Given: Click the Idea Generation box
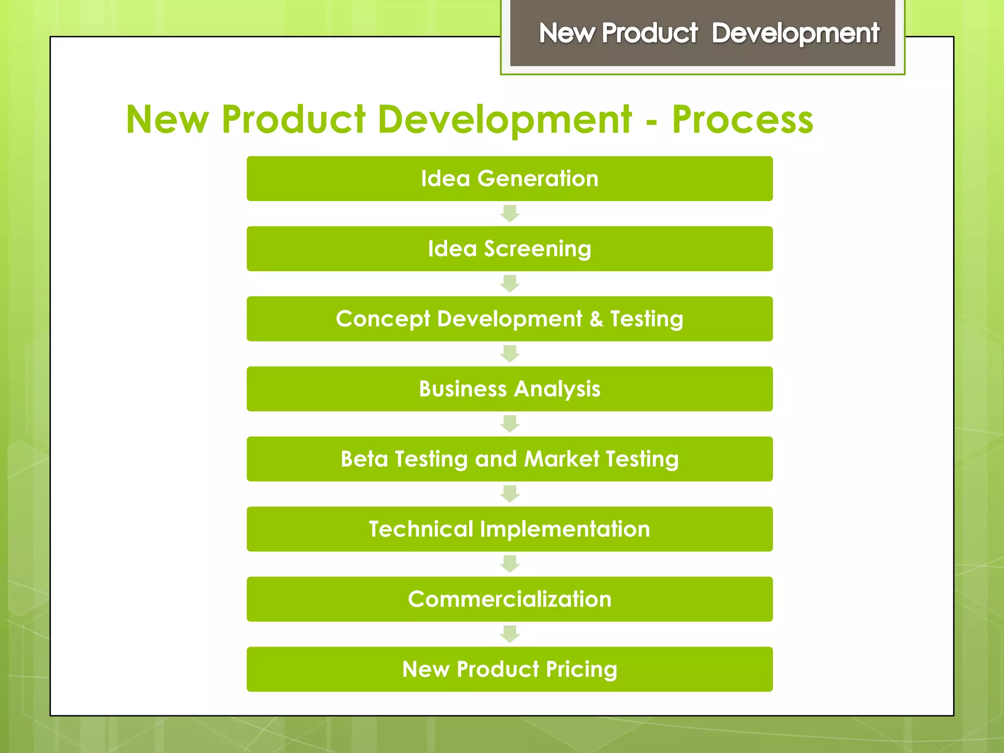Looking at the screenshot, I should (x=509, y=178).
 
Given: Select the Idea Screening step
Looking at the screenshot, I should (x=509, y=249).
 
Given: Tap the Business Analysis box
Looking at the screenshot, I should (x=509, y=389).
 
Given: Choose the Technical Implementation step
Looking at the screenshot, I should (x=509, y=529).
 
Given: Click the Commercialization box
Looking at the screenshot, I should (x=509, y=599).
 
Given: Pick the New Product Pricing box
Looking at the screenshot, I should (x=509, y=669).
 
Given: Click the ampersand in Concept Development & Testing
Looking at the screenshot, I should (x=596, y=319).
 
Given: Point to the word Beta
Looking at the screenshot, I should (x=364, y=459).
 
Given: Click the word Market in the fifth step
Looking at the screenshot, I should (x=561, y=459).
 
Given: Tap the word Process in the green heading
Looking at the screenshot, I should (x=742, y=120).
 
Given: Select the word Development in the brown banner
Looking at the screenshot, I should (x=795, y=33).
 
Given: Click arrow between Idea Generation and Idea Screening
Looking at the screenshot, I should (x=510, y=214).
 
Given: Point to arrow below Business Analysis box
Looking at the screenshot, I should (x=510, y=424).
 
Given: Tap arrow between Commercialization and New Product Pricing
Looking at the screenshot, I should (x=510, y=634).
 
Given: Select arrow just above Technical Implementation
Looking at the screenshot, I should (x=510, y=494).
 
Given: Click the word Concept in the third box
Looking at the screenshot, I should (x=383, y=319).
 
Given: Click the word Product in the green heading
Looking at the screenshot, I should (x=293, y=120).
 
